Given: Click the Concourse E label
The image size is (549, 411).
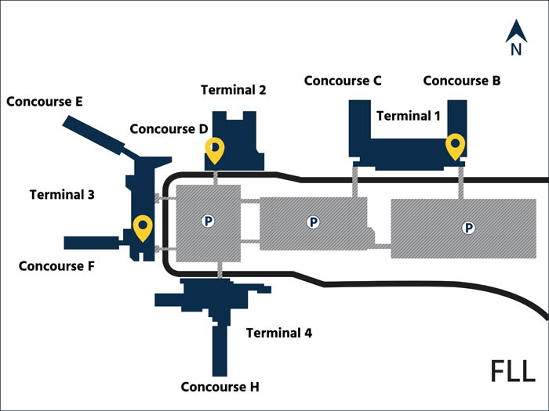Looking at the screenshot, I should [45, 102].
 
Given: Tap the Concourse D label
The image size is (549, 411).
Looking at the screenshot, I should [169, 128].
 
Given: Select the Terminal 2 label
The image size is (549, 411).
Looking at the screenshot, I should [233, 89].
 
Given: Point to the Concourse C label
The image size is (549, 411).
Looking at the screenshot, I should [343, 80].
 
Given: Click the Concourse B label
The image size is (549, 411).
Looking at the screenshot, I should [462, 80].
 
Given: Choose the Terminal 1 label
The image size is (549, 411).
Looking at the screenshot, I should [409, 115].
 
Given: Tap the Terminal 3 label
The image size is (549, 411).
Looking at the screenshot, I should [62, 194].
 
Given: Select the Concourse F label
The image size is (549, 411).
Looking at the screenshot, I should [56, 265].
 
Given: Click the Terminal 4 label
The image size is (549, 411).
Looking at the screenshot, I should [279, 333].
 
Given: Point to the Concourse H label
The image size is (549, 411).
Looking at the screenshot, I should [220, 387].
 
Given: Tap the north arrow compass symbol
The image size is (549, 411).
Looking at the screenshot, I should [516, 38].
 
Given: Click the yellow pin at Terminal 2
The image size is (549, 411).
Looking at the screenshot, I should [214, 149].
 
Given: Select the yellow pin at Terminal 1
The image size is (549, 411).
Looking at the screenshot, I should [454, 144].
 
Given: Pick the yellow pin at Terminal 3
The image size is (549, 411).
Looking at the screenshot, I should [142, 226].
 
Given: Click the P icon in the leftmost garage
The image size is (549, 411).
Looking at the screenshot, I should [209, 222].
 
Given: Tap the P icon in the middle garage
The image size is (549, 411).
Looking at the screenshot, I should [313, 223].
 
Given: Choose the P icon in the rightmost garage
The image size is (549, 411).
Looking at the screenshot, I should [468, 228].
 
